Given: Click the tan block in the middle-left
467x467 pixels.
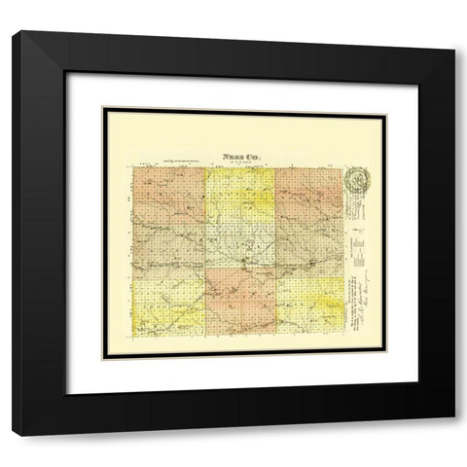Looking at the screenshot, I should click(164, 249).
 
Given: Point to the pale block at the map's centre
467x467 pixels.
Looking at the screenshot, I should click(241, 249).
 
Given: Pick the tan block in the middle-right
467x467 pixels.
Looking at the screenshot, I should click(308, 249).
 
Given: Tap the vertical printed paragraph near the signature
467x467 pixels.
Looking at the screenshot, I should click(347, 292).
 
